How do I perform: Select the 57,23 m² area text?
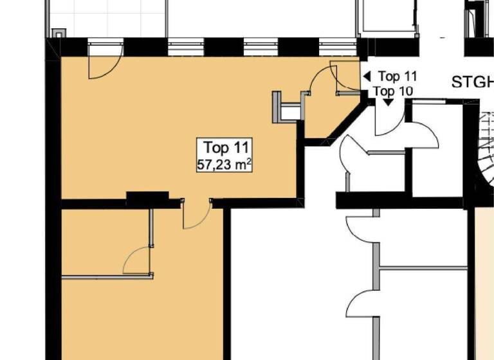tap(223, 165)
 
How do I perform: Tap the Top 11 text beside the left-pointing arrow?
tap(398, 77)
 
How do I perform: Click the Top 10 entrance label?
tap(393, 91)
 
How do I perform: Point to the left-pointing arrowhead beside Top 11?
tap(367, 76)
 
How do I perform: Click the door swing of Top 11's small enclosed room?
tap(136, 262)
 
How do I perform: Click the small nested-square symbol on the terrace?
tap(58, 32)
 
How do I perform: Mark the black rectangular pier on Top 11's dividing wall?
tap(147, 198)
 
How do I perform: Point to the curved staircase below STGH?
tap(483, 154)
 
